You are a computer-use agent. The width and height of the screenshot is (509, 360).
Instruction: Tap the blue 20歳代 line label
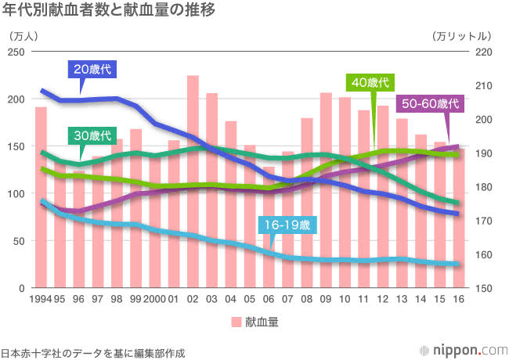pyautogui.click(x=93, y=69)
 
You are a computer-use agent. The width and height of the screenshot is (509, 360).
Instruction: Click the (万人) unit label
pyautogui.click(x=24, y=36)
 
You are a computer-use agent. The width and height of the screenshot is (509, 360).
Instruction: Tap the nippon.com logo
pyautogui.click(x=462, y=349)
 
